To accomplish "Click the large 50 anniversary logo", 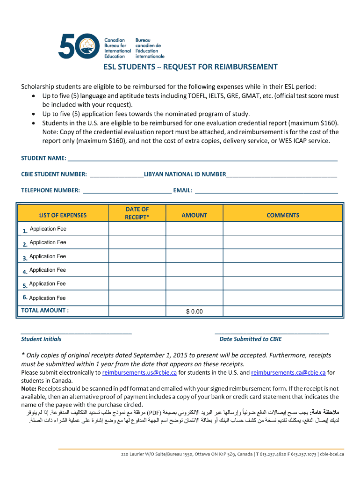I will (x=79, y=45).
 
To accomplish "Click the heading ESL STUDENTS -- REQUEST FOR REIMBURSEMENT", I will (x=190, y=67).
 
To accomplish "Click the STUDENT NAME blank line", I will (x=202, y=158).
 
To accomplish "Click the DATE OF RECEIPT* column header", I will (x=137, y=213).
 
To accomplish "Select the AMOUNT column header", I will (x=194, y=215).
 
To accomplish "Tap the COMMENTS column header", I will (x=283, y=215).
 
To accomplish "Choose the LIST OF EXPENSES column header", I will (x=63, y=215).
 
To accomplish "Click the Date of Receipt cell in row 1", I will (x=137, y=229).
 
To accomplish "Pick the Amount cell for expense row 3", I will (x=194, y=256).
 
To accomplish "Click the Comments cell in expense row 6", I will (x=283, y=298).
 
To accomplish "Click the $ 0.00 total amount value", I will (x=194, y=311).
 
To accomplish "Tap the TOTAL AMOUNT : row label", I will (x=45, y=310).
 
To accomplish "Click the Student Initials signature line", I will (x=76, y=332).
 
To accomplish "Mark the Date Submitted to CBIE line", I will (x=272, y=332).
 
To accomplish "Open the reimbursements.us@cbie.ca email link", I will (x=139, y=373).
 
